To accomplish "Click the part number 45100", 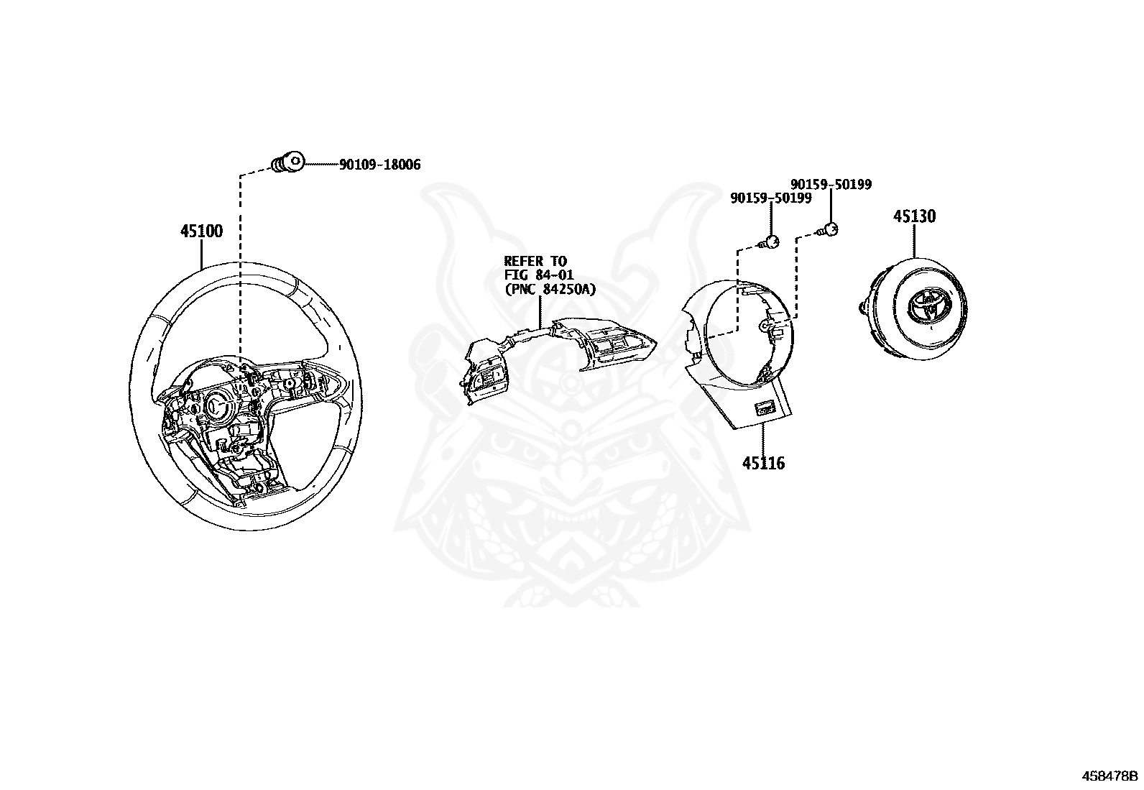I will click(201, 231).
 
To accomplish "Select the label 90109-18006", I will click(379, 165).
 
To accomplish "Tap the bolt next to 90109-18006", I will click(287, 163).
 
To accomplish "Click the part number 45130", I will click(914, 216).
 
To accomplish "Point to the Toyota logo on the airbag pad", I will click(923, 306).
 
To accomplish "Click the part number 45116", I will click(763, 464).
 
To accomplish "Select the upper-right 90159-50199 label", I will click(831, 185).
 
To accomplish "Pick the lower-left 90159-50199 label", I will click(770, 198).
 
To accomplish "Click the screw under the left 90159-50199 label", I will click(770, 242).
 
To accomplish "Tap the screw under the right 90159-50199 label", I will click(830, 230).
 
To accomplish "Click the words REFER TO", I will click(535, 262).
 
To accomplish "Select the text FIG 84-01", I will click(538, 275).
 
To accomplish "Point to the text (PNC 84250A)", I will click(549, 289).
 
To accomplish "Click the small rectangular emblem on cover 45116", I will click(762, 408).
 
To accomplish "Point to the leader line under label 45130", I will click(914, 241).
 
